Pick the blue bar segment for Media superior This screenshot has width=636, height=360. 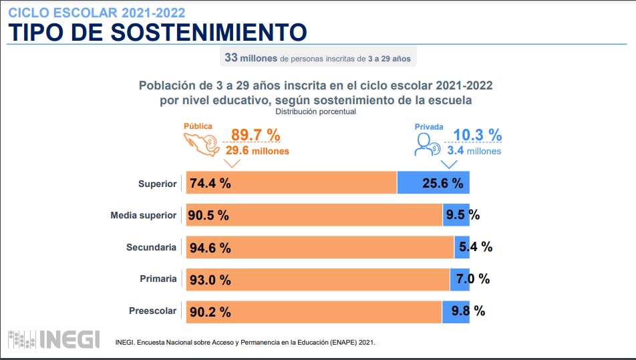[456, 215]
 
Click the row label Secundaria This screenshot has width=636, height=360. [152, 247]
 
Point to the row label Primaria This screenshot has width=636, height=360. [158, 279]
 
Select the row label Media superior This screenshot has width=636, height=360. [144, 215]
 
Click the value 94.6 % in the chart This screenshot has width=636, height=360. [210, 248]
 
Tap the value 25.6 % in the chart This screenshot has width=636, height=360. [442, 183]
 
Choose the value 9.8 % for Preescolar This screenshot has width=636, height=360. [468, 311]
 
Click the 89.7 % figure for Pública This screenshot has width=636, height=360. [255, 135]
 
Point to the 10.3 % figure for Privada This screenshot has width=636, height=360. [477, 135]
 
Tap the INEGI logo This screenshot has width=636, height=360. [53, 339]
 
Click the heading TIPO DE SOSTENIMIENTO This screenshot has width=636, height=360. [157, 31]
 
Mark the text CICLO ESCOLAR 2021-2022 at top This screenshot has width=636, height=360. [97, 12]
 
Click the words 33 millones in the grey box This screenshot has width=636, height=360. [251, 58]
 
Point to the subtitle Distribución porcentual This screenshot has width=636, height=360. [315, 112]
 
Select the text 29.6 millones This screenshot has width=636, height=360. [257, 151]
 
